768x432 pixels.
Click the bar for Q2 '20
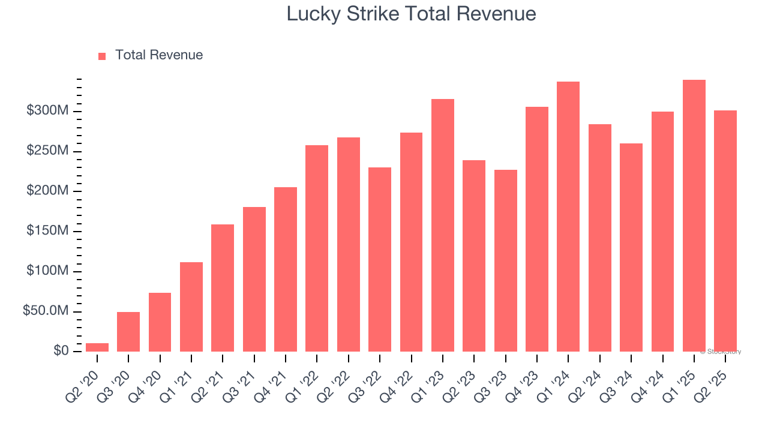point(97,347)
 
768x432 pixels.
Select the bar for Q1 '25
point(694,216)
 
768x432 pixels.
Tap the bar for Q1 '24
point(568,217)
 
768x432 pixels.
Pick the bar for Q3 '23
point(506,261)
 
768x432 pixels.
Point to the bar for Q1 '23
point(443,226)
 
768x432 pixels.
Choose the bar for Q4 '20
point(160,322)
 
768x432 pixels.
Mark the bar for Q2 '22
point(349,245)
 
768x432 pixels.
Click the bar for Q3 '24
point(631,248)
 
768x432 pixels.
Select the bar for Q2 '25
point(725,231)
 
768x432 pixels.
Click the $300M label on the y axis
point(47,111)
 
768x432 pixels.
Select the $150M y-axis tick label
point(47,232)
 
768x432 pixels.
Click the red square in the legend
point(102,56)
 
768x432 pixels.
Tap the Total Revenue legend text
point(159,55)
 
